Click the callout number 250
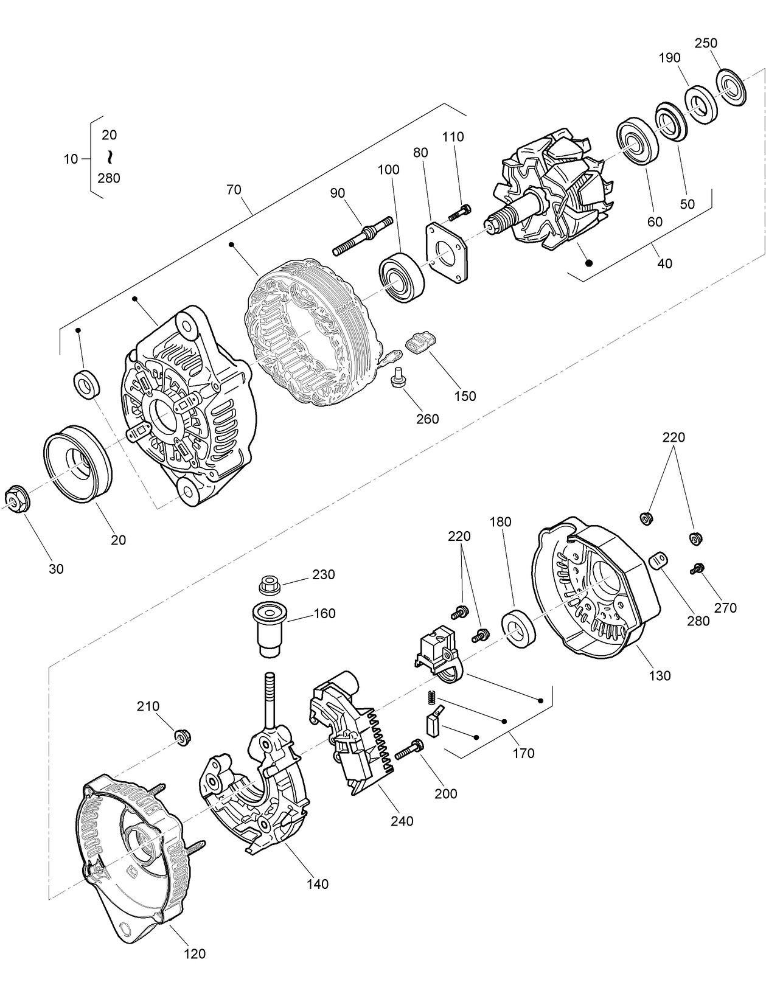coord(706,43)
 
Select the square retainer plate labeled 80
coord(447,252)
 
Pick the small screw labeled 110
coord(459,213)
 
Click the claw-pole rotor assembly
coord(551,195)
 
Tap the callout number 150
coord(465,396)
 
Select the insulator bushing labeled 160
coord(268,628)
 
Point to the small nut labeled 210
coord(181,737)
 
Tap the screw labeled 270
coord(697,569)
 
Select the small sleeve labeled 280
coord(658,559)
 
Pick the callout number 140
coord(317,884)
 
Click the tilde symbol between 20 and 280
coord(110,157)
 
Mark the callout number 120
coord(195,954)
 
